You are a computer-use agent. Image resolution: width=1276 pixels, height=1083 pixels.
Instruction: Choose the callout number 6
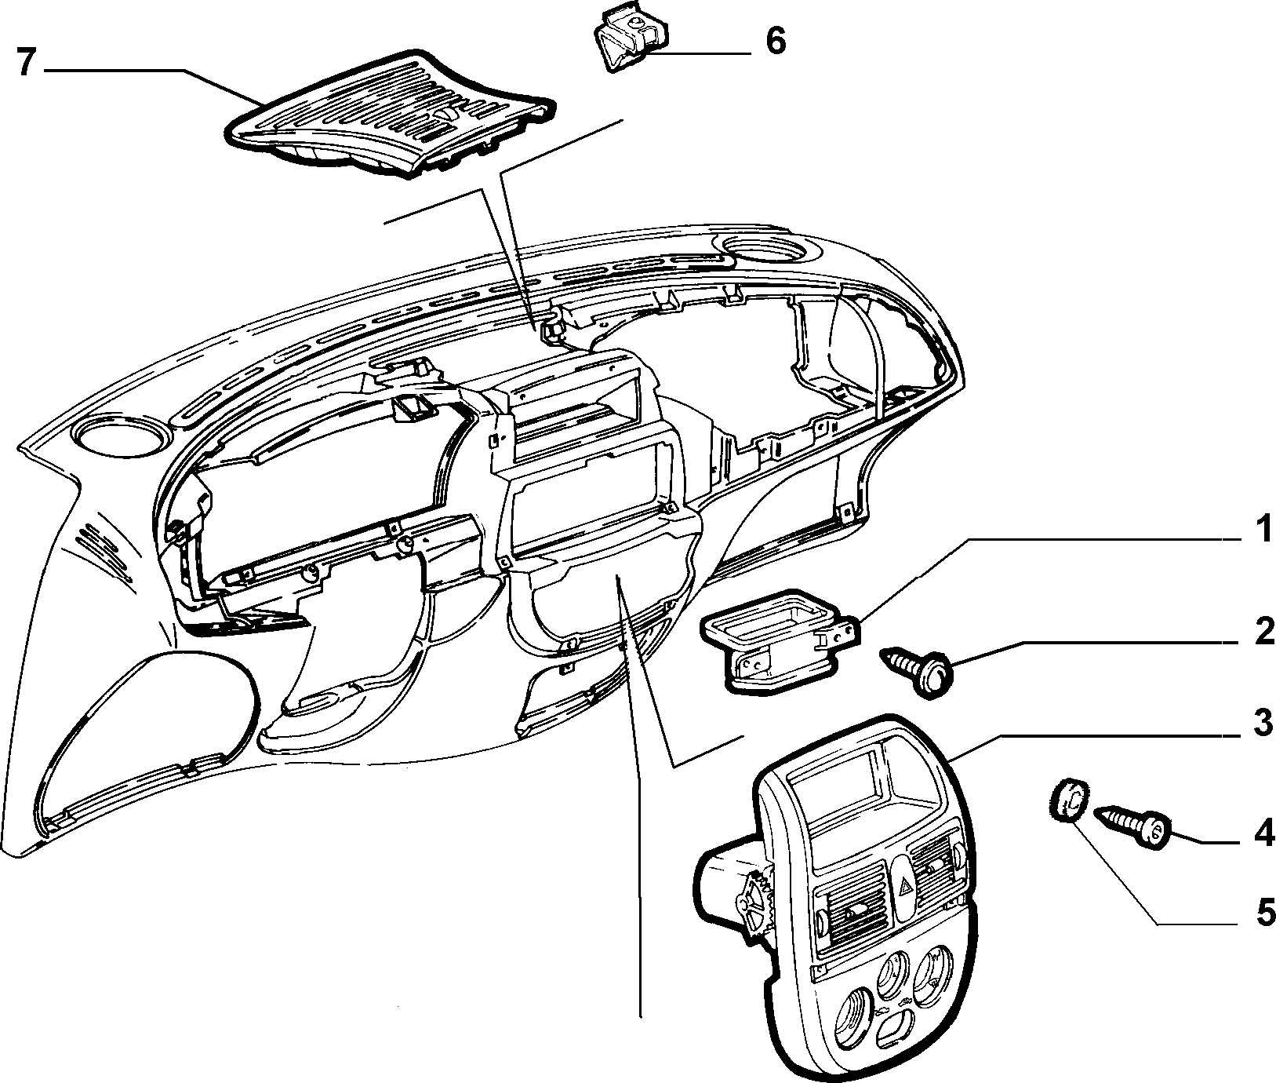pos(775,41)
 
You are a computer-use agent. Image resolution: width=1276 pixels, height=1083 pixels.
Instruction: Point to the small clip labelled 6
pos(627,38)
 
